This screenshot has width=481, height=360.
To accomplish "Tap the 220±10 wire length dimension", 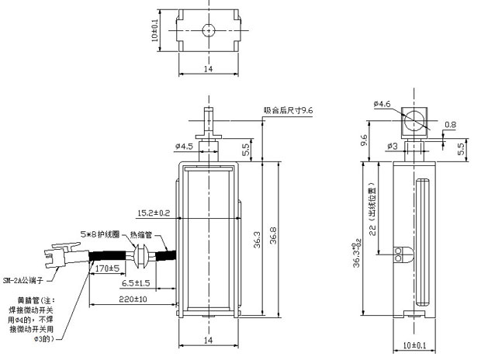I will coord(113,299).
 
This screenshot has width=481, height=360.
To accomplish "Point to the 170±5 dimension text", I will coord(106,269).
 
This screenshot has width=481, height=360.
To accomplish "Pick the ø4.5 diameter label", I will coord(184,145).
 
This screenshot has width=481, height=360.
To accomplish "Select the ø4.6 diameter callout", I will coord(382,103).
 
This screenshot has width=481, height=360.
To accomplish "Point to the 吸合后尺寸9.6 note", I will coord(287,110).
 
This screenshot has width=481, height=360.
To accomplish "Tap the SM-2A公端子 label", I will coord(26,279).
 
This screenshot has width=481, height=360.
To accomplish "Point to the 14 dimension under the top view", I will coord(207,69).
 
